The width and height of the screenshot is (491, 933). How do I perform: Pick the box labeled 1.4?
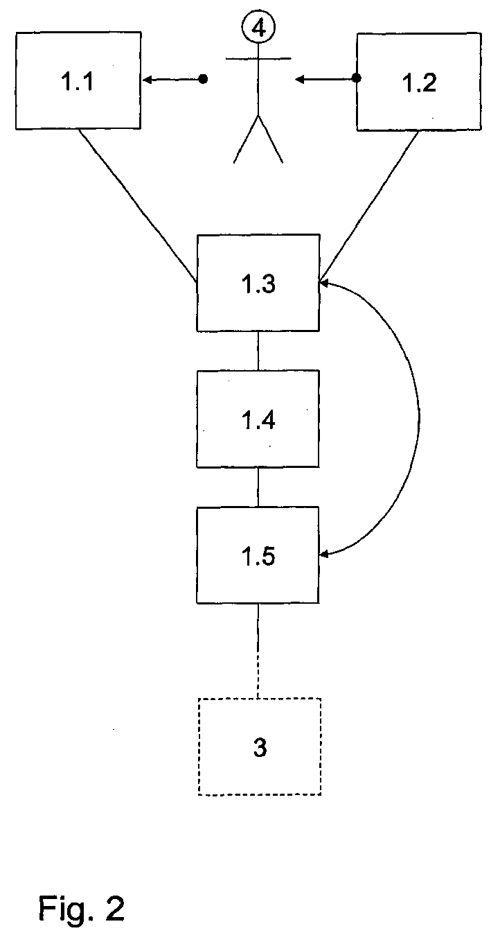click(x=258, y=419)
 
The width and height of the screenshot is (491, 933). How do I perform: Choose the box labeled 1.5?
click(x=258, y=555)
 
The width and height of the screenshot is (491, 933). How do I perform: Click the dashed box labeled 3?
click(x=260, y=747)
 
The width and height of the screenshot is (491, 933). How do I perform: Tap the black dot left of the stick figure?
click(x=203, y=80)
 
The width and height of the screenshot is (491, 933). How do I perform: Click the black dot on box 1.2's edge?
click(x=357, y=78)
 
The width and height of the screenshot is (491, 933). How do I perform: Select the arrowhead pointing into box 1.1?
click(x=148, y=80)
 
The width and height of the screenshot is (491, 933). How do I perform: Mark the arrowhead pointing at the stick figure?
click(x=299, y=80)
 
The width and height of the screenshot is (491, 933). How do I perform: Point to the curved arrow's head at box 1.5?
click(x=324, y=554)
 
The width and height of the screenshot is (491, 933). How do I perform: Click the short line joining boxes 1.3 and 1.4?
click(x=258, y=351)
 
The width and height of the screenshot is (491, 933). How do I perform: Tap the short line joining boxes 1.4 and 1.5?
click(x=258, y=487)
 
